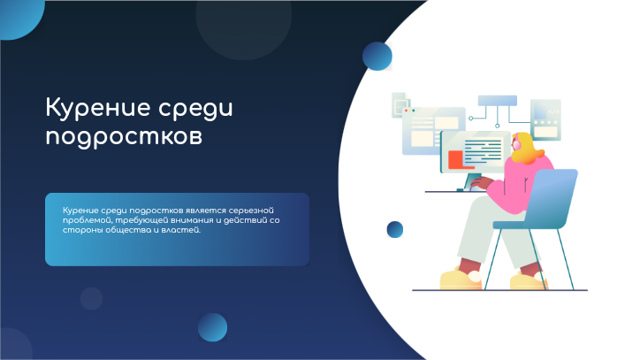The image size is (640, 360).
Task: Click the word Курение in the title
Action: (x=98, y=108)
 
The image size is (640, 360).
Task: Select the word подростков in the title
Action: (x=124, y=137)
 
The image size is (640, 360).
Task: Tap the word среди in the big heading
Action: (x=196, y=109)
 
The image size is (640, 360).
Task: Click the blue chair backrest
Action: (x=552, y=197)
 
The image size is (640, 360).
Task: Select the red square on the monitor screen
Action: (x=455, y=159)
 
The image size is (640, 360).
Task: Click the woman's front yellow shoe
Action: (x=461, y=279)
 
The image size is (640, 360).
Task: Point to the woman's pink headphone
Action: (x=517, y=145)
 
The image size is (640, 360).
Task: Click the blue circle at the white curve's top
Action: (x=377, y=56)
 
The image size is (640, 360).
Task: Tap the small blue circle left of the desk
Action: (x=394, y=230)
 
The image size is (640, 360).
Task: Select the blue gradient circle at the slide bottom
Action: (x=213, y=327)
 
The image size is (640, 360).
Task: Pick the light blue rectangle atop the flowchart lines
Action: (x=498, y=101)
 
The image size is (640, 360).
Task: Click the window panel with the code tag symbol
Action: (x=545, y=119)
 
